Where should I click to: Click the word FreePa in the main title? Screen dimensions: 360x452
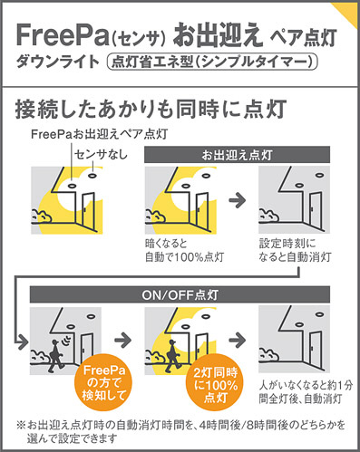click(x=63, y=35)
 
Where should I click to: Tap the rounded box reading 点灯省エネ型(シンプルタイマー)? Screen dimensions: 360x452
click(x=212, y=63)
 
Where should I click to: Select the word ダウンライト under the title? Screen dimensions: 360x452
click(x=58, y=63)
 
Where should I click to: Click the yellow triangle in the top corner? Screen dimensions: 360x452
click(x=347, y=13)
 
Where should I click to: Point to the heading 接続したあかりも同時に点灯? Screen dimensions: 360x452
click(x=151, y=109)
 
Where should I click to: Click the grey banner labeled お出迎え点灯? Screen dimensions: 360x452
click(x=237, y=155)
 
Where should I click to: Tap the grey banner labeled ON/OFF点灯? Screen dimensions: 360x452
click(x=180, y=294)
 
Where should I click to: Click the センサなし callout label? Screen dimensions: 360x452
click(x=101, y=155)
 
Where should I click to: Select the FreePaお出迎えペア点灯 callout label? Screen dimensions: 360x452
click(x=100, y=134)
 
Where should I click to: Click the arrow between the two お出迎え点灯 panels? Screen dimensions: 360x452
click(x=238, y=200)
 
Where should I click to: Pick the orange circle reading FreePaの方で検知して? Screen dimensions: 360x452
click(x=103, y=382)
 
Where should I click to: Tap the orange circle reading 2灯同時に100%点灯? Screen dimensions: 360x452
click(x=216, y=382)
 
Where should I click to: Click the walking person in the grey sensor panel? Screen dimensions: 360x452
click(x=56, y=356)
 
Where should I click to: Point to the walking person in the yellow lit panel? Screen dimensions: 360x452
click(x=171, y=356)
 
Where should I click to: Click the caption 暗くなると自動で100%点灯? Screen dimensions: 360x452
click(x=184, y=250)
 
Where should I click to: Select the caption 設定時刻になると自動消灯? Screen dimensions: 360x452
click(x=295, y=250)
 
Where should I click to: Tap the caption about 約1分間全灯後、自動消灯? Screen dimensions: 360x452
click(x=306, y=392)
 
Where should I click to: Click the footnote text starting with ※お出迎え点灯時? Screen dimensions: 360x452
click(x=181, y=431)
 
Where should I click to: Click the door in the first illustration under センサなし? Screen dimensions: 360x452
click(x=88, y=209)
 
